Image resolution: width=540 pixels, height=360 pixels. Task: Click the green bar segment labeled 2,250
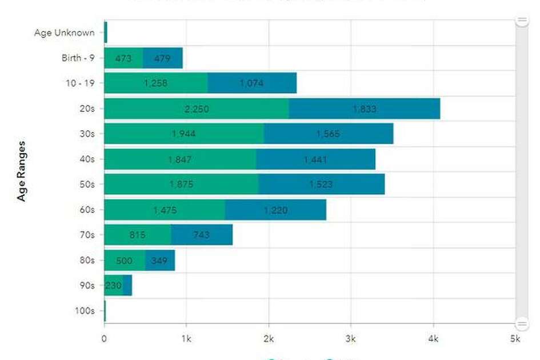(196, 109)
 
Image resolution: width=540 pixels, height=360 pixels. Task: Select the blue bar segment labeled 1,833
(364, 109)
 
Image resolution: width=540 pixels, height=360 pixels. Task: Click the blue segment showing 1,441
(315, 159)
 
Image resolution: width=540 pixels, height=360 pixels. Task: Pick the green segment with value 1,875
(181, 185)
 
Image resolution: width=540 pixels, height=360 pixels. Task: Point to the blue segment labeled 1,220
(275, 210)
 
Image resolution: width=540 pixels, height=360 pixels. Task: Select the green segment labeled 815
(137, 235)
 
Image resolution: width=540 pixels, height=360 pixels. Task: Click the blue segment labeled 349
(160, 261)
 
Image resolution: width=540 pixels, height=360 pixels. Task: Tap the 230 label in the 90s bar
(113, 286)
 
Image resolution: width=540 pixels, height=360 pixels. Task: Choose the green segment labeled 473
(123, 58)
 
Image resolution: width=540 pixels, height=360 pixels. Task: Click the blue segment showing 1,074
(252, 83)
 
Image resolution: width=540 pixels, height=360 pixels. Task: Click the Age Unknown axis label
(64, 33)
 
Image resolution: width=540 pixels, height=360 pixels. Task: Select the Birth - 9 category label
(78, 58)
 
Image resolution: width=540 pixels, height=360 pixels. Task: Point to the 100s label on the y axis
(85, 311)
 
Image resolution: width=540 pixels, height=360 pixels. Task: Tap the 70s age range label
(87, 235)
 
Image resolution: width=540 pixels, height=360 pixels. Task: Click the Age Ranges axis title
(22, 171)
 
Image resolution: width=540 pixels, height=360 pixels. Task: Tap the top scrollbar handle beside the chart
(522, 21)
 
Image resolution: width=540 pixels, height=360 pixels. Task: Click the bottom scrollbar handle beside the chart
(522, 323)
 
